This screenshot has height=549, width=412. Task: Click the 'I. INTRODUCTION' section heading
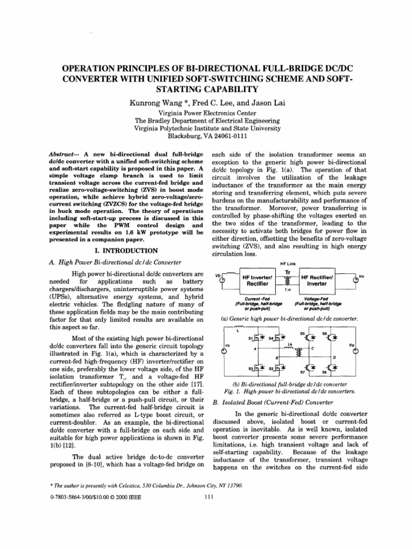coord(124,250)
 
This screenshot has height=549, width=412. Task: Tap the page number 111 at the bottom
coord(210,497)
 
